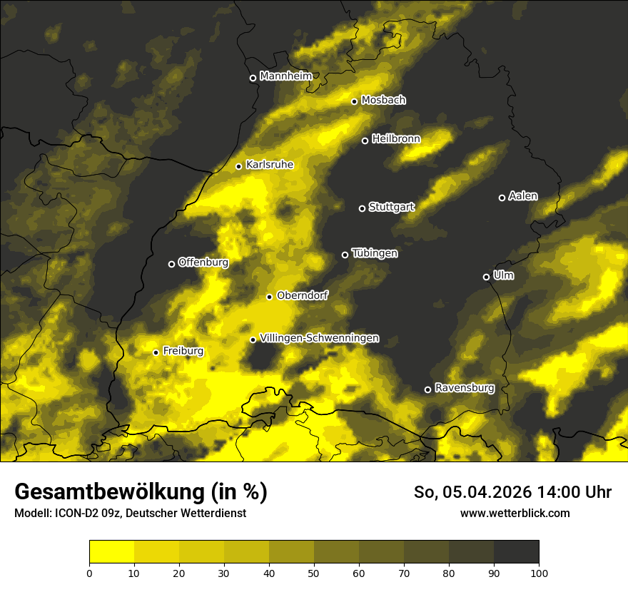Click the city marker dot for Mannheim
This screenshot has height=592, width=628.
tap(253, 78)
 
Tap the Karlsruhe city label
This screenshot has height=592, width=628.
tap(270, 165)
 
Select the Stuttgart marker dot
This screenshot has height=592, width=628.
tap(362, 208)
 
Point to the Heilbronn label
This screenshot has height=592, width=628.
tap(396, 139)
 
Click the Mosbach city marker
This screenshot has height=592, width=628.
tap(354, 101)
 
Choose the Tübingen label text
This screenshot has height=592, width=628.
tap(375, 253)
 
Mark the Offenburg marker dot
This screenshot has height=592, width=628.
tap(171, 264)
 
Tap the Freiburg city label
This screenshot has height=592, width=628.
tap(183, 351)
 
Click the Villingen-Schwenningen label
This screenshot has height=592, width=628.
tap(320, 338)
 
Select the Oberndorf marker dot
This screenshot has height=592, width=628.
tap(269, 297)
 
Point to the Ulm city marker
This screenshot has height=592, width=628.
tap(486, 277)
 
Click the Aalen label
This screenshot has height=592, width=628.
tap(523, 196)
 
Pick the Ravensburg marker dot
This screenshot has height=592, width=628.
tap(427, 389)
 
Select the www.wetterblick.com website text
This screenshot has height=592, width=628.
tap(515, 513)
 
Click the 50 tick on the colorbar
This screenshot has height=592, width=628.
tap(314, 573)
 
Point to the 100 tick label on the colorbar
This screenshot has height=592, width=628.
tap(539, 573)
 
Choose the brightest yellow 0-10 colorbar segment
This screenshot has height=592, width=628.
tap(112, 551)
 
